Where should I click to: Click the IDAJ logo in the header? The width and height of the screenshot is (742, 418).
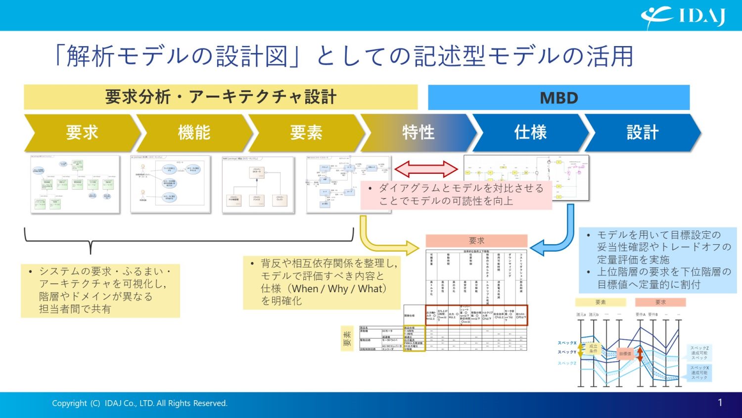683,16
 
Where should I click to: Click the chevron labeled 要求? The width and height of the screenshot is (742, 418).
82,133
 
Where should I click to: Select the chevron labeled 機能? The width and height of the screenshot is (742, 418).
194,133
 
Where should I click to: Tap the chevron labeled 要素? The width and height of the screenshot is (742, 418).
306,133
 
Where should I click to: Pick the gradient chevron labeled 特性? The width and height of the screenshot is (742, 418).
418,133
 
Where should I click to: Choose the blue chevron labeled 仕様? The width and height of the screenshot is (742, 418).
530,133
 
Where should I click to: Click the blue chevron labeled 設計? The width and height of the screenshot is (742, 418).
642,133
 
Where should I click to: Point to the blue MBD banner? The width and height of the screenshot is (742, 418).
558,98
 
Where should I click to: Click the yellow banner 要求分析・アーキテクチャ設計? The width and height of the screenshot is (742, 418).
221,97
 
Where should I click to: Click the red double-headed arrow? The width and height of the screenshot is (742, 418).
426,169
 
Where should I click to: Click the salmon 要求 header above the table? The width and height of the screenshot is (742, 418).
476,241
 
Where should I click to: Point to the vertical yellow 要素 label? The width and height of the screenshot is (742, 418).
347,340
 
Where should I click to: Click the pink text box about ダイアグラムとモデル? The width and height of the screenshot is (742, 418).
456,195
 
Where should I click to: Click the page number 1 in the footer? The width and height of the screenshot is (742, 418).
720,403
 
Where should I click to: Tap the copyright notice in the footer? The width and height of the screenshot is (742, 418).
139,403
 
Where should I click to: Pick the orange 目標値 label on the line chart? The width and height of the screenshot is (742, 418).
625,354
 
